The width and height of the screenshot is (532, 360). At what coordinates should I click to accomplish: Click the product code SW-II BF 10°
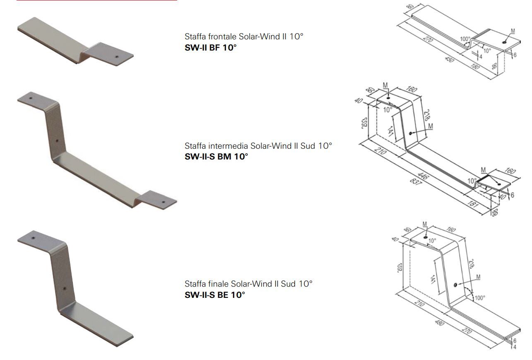point(210,48)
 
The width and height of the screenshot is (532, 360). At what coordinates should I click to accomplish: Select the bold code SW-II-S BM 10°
point(217,157)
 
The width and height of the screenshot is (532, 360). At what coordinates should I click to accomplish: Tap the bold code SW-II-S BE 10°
point(215,295)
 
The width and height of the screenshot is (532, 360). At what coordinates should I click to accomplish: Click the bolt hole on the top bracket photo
point(117,57)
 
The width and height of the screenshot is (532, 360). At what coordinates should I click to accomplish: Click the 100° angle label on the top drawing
point(465,39)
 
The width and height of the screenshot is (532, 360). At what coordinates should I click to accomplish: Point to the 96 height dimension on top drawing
point(494,65)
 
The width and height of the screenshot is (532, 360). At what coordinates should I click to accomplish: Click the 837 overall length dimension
point(416,182)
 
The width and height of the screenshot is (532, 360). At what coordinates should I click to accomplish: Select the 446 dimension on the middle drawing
point(423,176)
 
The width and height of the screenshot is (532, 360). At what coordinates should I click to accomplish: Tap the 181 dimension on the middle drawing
point(472,204)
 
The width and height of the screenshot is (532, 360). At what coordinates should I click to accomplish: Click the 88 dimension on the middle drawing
point(495,213)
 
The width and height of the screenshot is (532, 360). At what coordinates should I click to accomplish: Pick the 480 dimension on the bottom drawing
point(439,322)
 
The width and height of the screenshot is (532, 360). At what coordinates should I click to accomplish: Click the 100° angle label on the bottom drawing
point(480,298)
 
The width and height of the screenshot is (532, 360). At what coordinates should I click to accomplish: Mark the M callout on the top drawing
point(513,31)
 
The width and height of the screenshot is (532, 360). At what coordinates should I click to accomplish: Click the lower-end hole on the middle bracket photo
point(163,202)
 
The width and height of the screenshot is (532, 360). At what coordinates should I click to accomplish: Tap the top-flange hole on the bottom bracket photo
point(33,238)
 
